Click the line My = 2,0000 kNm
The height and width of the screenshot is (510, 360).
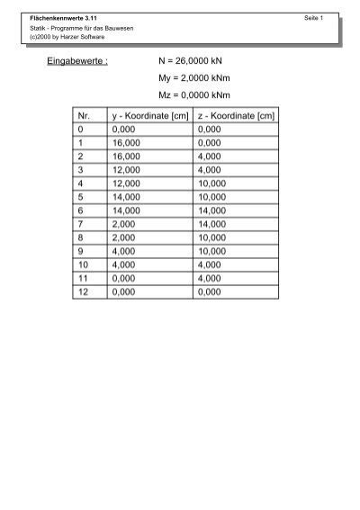point(195,78)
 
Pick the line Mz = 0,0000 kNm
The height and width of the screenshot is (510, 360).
point(195,95)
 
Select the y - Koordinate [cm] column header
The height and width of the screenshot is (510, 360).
point(149,116)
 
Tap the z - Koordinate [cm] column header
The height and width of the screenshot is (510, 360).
point(236,116)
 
